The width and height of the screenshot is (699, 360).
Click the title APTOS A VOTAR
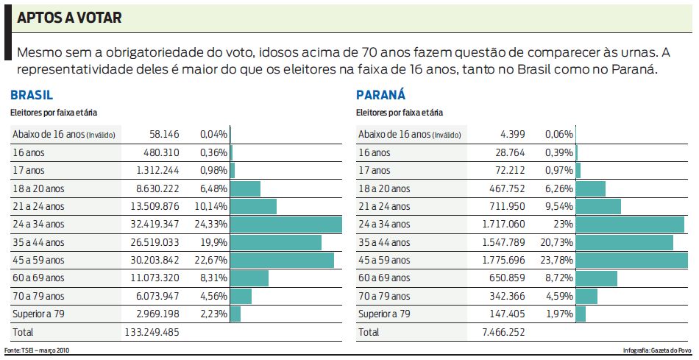pyautogui.click(x=69, y=18)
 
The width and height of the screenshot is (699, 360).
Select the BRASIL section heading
pyautogui.click(x=32, y=95)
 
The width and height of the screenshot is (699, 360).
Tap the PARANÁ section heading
pyautogui.click(x=380, y=95)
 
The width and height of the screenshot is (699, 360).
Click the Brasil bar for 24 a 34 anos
pyautogui.click(x=286, y=224)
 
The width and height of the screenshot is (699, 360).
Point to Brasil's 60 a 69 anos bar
pyautogui.click(x=249, y=278)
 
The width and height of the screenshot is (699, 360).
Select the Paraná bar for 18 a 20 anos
pyautogui.click(x=591, y=188)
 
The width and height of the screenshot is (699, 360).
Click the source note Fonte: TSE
pyautogui.click(x=38, y=350)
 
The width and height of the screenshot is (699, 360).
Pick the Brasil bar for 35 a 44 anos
pyautogui.click(x=276, y=242)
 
